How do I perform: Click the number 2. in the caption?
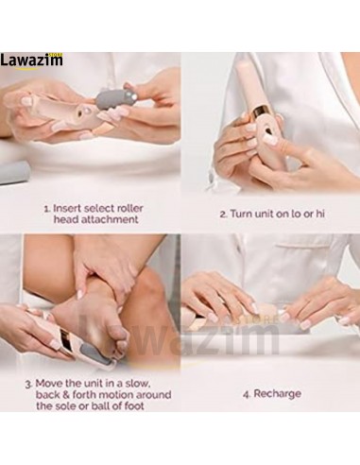click(223, 215)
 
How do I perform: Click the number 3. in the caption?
click(29, 384)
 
